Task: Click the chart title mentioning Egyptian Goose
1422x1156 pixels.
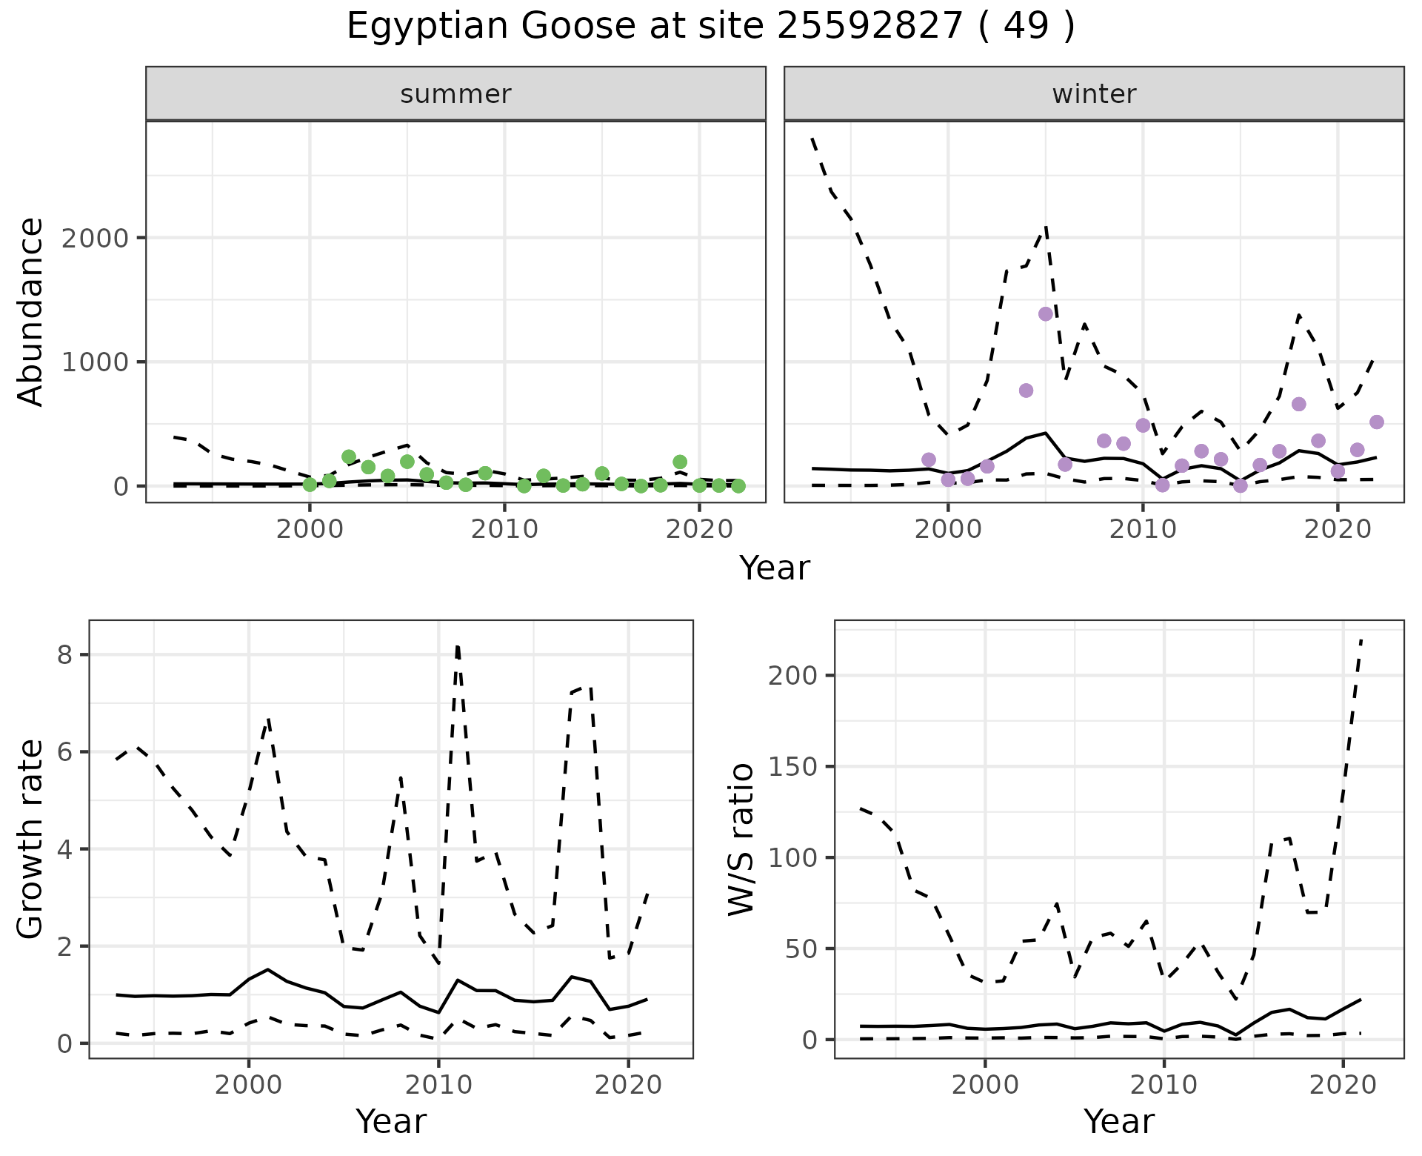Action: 710,27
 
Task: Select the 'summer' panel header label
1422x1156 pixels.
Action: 455,94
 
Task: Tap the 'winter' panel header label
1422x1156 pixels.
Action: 1094,94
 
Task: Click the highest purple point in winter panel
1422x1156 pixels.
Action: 1046,314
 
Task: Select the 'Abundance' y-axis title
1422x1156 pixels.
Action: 31,311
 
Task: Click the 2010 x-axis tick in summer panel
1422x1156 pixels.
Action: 504,529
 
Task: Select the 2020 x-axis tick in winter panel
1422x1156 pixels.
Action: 1338,529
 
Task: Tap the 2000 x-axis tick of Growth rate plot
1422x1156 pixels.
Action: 249,1086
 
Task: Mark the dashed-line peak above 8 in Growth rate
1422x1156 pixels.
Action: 458,647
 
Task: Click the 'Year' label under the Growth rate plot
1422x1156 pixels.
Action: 391,1122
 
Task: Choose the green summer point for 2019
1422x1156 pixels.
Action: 680,462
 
